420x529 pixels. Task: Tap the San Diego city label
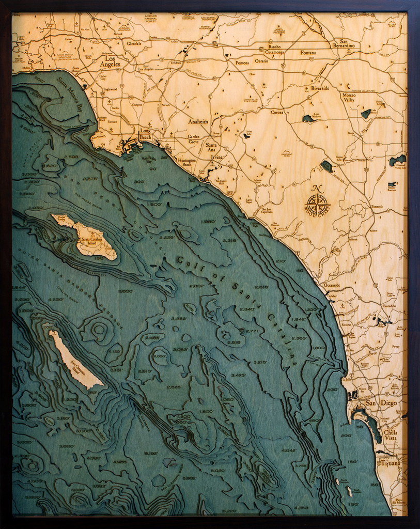[x=381, y=402]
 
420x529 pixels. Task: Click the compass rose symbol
[x=318, y=203]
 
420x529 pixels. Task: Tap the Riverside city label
[x=320, y=88]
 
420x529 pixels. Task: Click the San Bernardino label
[x=347, y=43]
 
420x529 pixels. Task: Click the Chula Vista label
[x=390, y=434]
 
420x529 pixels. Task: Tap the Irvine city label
[x=216, y=157]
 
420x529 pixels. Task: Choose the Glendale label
[x=134, y=43]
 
